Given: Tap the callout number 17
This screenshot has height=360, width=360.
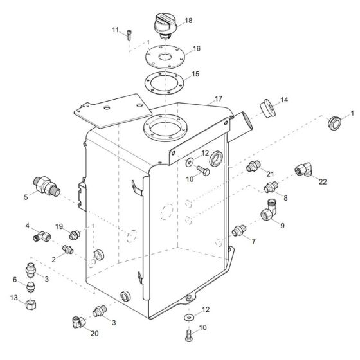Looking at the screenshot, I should (x=219, y=99).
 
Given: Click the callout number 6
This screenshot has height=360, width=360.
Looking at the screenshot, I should (x=15, y=280).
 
